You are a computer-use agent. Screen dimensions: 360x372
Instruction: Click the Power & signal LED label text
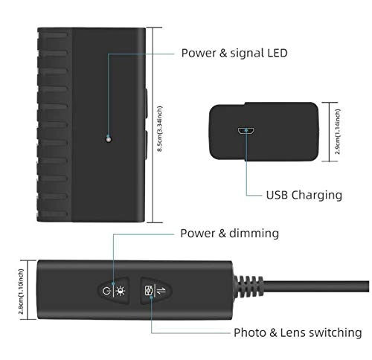click(234, 53)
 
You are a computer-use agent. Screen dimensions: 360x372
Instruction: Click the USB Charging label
click(304, 195)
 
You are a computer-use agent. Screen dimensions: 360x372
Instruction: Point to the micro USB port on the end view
click(245, 131)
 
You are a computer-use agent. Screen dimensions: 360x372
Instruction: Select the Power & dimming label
click(229, 234)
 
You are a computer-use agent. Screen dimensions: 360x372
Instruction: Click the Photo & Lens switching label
click(298, 332)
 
